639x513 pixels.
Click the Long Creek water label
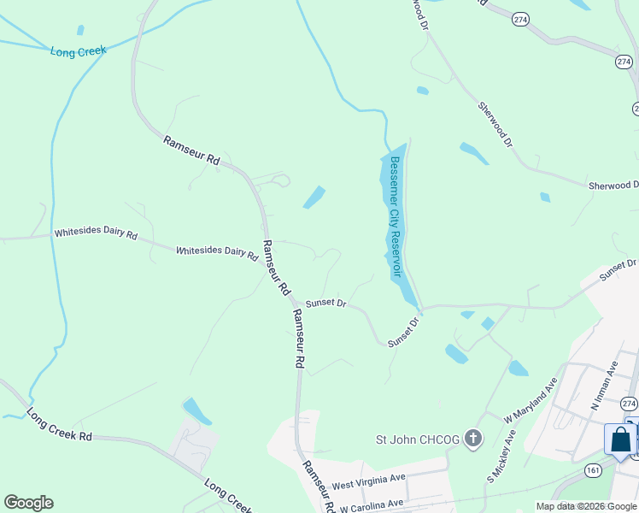point(78,51)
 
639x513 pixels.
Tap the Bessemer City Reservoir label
point(395,216)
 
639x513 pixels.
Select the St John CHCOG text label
point(419,440)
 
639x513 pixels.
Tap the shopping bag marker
point(620,440)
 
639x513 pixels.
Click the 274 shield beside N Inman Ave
point(630,404)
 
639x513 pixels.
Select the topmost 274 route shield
point(519,18)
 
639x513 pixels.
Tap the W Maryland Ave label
point(529,402)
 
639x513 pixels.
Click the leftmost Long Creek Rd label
point(59,425)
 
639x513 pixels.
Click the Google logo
point(28,503)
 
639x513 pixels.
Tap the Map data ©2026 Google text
point(587,506)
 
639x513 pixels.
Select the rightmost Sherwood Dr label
point(613,186)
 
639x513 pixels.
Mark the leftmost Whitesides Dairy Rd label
point(96,233)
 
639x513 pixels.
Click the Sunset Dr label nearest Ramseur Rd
point(325,304)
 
